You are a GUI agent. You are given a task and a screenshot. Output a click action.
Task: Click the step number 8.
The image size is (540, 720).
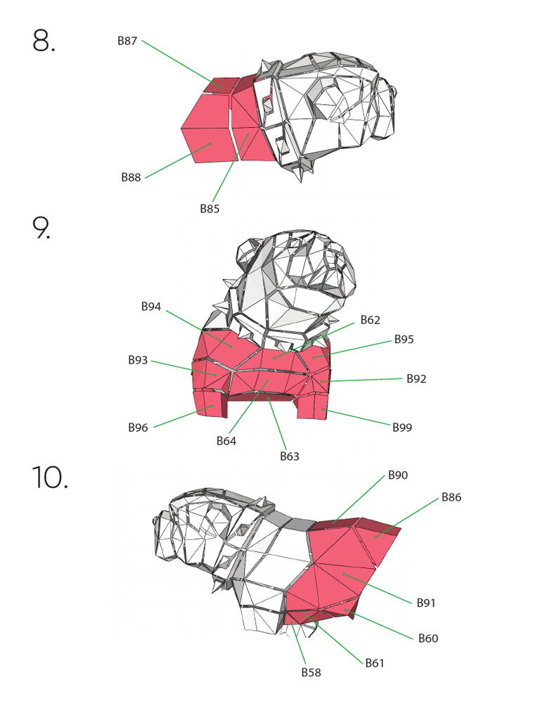tap(44, 41)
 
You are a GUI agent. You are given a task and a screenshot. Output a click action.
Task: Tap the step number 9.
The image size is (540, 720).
tap(41, 229)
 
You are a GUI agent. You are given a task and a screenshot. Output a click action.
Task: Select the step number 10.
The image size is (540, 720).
tap(49, 477)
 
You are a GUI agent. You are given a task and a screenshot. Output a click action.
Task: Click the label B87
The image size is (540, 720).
tap(127, 41)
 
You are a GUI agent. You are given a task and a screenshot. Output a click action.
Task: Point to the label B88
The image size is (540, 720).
tap(131, 178)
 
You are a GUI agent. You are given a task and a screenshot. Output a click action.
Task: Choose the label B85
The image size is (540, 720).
tap(210, 209)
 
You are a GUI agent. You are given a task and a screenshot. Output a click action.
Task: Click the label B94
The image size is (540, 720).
tap(151, 307)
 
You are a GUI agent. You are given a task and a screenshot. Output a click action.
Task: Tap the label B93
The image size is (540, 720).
tap(138, 360)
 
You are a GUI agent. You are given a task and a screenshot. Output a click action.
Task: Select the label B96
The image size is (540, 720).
tap(138, 427)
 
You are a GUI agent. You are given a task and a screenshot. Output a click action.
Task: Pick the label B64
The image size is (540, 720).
tap(226, 442)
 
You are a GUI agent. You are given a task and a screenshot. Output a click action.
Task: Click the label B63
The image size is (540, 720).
tap(290, 456)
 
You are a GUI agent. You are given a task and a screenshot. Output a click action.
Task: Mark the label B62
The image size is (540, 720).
tap(371, 320)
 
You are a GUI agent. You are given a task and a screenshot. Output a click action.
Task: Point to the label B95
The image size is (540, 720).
tap(404, 339)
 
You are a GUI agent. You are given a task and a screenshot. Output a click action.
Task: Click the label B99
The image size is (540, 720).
tap(403, 427)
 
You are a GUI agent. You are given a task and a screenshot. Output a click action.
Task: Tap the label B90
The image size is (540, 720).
tap(398, 475)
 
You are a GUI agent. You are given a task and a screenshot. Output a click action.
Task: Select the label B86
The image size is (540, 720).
tap(451, 497)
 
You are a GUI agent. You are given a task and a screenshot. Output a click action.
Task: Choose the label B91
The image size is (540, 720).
tap(427, 603)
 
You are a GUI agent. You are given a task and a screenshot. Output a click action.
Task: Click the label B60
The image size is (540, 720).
tap(428, 638)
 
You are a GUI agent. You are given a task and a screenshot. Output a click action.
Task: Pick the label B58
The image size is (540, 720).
tap(311, 672)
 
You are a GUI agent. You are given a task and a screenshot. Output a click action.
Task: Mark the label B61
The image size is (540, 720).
tap(375, 662)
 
